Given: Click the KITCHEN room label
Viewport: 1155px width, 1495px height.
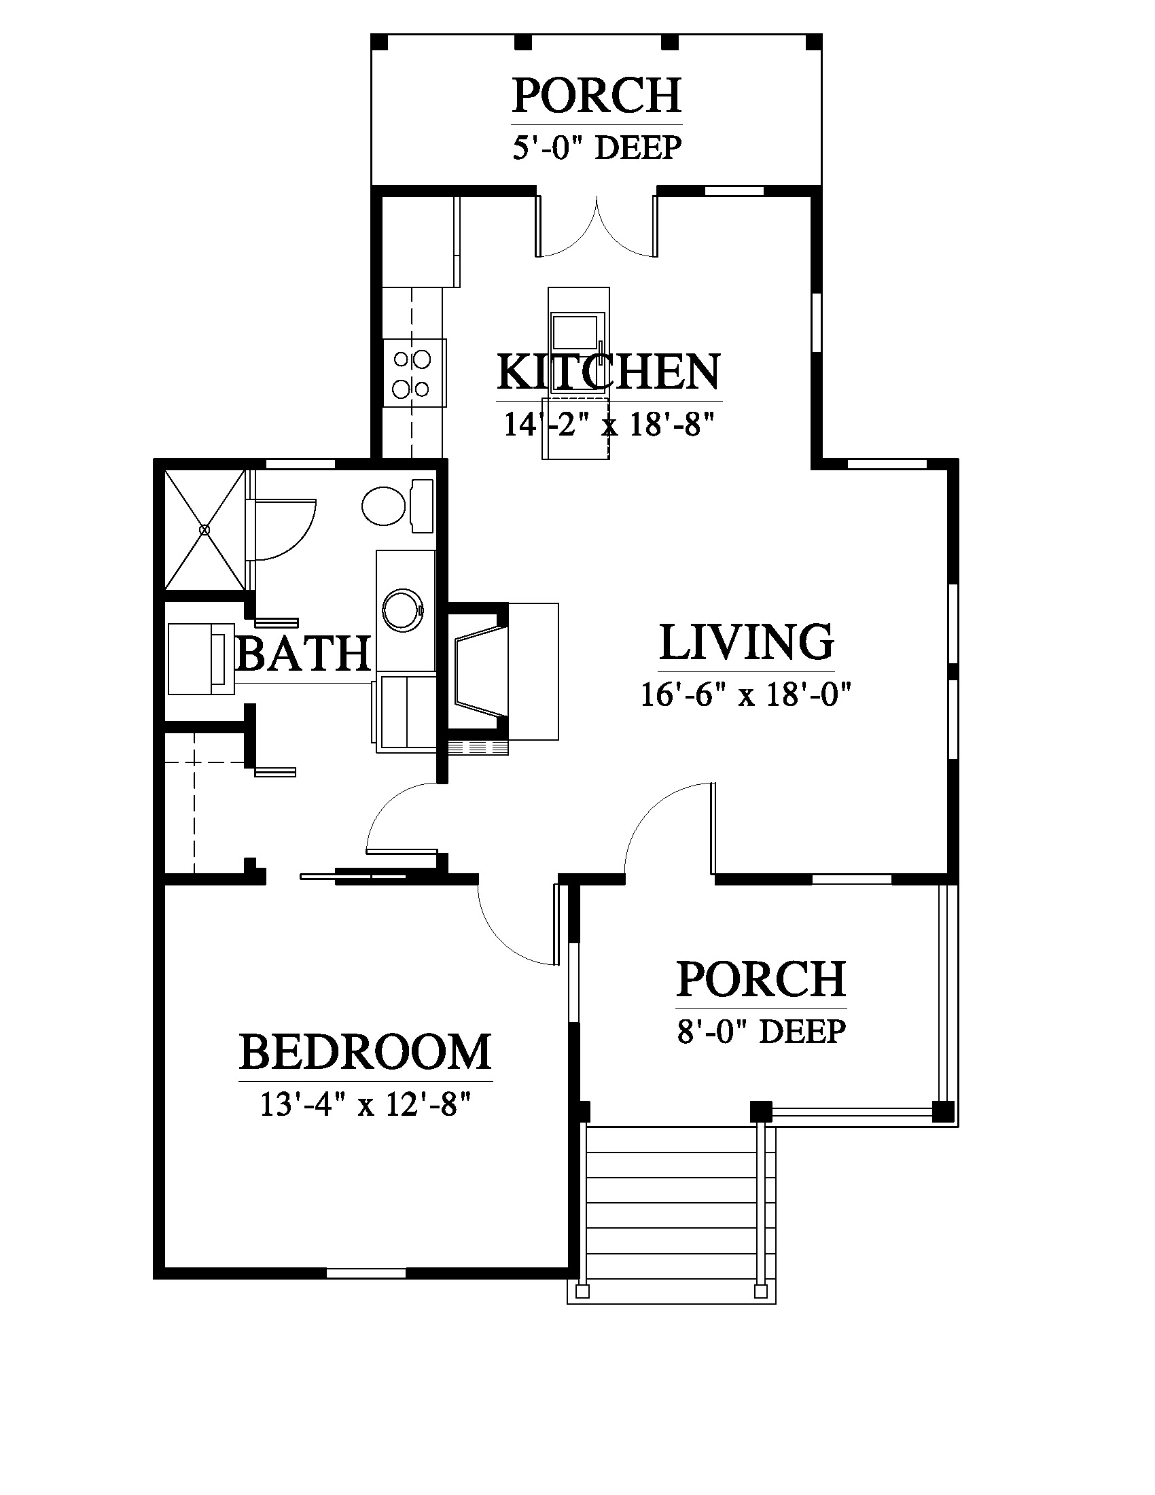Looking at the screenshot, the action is pyautogui.click(x=608, y=372).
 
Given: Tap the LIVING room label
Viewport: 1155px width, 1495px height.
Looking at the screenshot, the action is pyautogui.click(x=747, y=642).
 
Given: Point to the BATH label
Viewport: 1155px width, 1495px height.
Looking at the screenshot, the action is pyautogui.click(x=303, y=653).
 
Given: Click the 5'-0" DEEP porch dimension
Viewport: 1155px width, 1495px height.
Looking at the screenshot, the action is pyautogui.click(x=597, y=147).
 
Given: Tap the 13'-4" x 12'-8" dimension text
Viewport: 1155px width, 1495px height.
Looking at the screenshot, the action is pyautogui.click(x=366, y=1104).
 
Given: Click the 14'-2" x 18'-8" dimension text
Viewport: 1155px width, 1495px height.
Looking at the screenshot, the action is pyautogui.click(x=609, y=424).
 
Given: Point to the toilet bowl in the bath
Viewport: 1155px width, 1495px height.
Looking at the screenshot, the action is pyautogui.click(x=383, y=506).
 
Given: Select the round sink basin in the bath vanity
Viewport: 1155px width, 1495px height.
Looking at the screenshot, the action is pyautogui.click(x=404, y=611).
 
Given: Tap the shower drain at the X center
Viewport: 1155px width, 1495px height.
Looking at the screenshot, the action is pyautogui.click(x=205, y=530).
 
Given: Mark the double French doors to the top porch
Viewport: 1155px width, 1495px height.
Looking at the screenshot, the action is pyautogui.click(x=597, y=226).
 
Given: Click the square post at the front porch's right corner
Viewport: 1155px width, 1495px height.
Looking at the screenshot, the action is pyautogui.click(x=943, y=1111).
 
